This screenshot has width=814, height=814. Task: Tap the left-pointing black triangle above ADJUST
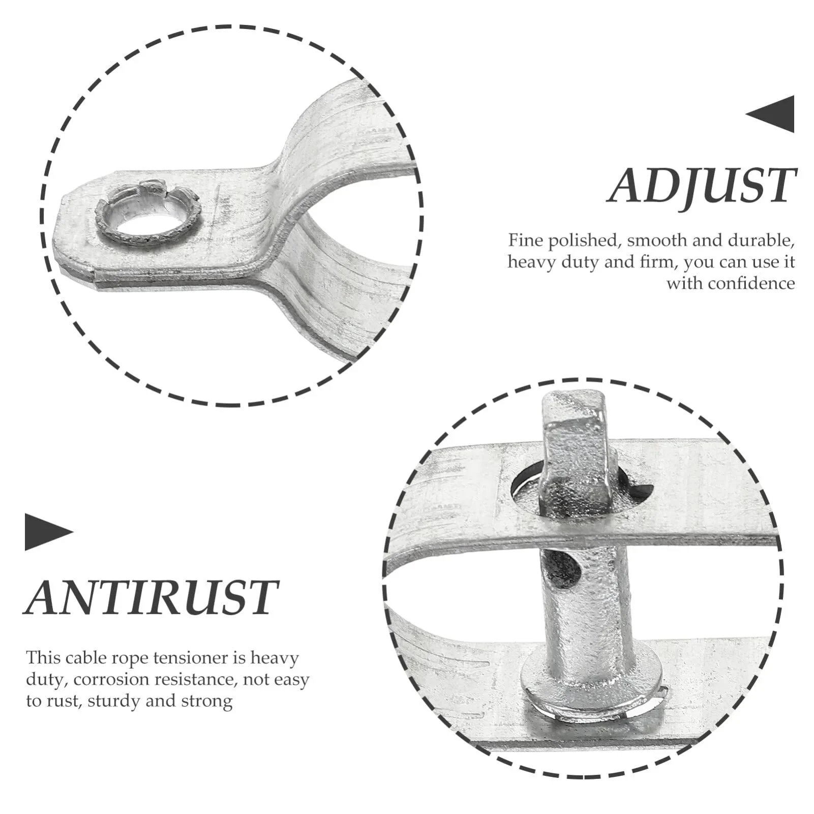pyautogui.click(x=770, y=114)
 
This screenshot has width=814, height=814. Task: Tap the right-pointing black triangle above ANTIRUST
pyautogui.click(x=49, y=532)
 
